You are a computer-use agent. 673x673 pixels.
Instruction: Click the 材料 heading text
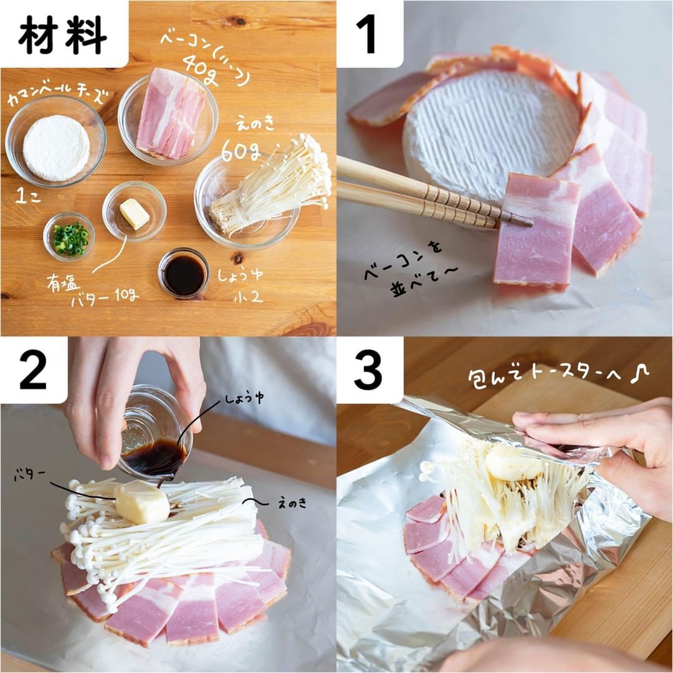click(63, 36)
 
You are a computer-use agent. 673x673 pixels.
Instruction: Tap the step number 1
click(368, 34)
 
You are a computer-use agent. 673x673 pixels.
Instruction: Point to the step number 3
click(368, 370)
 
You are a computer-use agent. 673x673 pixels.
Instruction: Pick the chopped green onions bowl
click(69, 237)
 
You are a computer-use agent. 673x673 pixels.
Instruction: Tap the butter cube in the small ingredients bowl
click(135, 213)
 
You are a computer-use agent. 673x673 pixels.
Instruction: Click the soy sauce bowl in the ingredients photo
click(184, 274)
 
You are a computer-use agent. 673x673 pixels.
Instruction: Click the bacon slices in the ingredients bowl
click(170, 114)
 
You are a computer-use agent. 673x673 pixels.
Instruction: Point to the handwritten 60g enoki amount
click(241, 151)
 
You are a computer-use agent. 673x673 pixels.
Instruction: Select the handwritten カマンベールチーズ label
click(57, 95)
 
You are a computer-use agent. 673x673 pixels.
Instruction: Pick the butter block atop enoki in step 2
click(142, 501)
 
